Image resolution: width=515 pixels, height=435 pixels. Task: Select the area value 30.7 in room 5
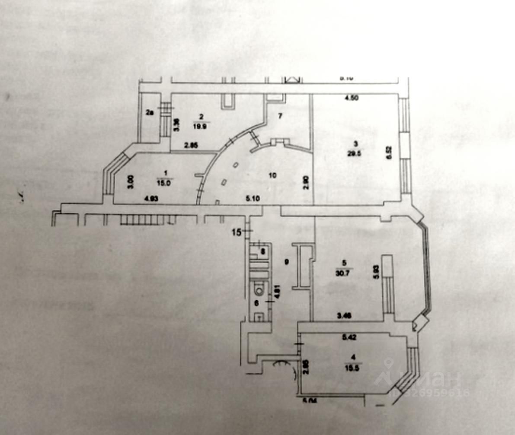344,272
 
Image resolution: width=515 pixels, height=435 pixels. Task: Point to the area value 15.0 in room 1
165,182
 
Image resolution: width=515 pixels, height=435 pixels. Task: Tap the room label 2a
150,113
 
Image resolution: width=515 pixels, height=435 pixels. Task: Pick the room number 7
280,116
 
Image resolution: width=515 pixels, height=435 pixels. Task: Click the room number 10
272,175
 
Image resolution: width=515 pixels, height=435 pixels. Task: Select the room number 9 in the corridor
286,261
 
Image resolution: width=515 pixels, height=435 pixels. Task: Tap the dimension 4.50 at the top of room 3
351,98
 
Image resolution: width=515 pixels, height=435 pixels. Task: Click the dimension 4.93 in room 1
150,198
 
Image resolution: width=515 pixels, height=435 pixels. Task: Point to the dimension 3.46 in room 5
344,316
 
